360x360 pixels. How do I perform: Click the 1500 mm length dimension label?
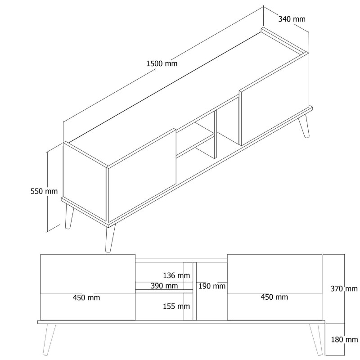(x=162, y=63)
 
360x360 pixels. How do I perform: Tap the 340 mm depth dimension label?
(x=292, y=19)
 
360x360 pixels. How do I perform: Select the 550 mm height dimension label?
(x=44, y=191)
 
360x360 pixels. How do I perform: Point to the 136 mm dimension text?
(x=177, y=275)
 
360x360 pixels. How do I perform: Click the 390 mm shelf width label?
(x=164, y=286)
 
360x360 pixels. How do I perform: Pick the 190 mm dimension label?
(x=212, y=286)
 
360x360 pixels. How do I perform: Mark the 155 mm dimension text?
(x=177, y=306)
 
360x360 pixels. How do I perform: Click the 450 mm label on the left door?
(x=87, y=297)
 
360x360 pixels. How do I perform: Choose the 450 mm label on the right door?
(x=274, y=297)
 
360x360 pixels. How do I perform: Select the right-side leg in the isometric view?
(x=304, y=126)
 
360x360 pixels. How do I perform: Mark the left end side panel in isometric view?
(x=84, y=182)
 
